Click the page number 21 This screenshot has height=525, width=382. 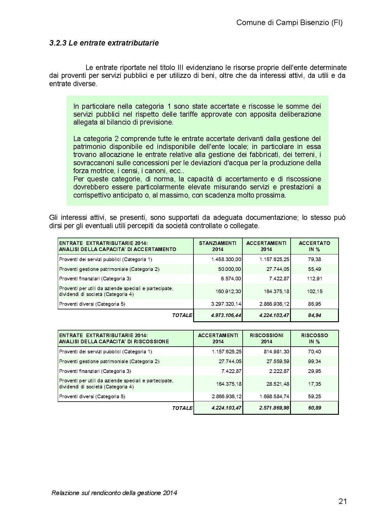pyautogui.click(x=343, y=501)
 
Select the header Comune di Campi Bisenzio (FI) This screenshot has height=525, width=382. pyautogui.click(x=289, y=23)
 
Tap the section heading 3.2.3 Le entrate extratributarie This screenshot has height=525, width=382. pyautogui.click(x=104, y=43)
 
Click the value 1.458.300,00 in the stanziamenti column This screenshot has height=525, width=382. pyautogui.click(x=226, y=259)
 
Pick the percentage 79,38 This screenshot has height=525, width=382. pyautogui.click(x=314, y=259)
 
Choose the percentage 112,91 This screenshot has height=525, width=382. pyautogui.click(x=314, y=279)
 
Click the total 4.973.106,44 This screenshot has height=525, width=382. pyautogui.click(x=226, y=315)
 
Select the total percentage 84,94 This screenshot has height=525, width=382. pyautogui.click(x=314, y=315)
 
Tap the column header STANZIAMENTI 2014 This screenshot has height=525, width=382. pyautogui.click(x=218, y=246)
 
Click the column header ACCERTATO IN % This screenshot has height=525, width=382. pyautogui.click(x=314, y=246)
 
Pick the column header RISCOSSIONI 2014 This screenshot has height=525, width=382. pyautogui.click(x=266, y=338)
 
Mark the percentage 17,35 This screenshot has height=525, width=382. pyautogui.click(x=314, y=384)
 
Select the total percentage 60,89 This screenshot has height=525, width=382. pyautogui.click(x=314, y=408)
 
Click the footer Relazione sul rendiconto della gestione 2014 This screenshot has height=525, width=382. pyautogui.click(x=114, y=493)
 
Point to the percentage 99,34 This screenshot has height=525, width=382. pyautogui.click(x=314, y=361)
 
